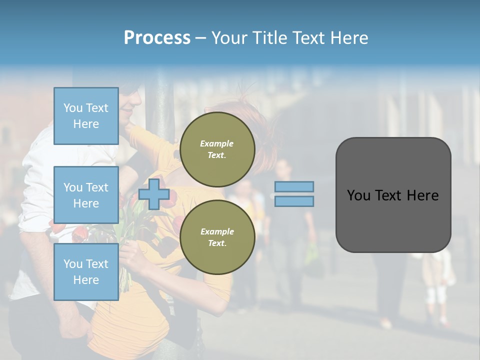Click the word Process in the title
tap(157, 37)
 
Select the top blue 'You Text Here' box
tap(86, 116)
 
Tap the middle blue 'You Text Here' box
tap(86, 195)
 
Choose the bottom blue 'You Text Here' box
tap(86, 271)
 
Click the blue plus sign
tap(154, 194)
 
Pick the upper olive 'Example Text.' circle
tap(217, 149)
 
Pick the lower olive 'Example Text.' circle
tap(217, 237)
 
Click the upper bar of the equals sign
tap(294, 187)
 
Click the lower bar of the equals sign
tap(294, 201)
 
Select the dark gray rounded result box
tap(393, 220)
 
